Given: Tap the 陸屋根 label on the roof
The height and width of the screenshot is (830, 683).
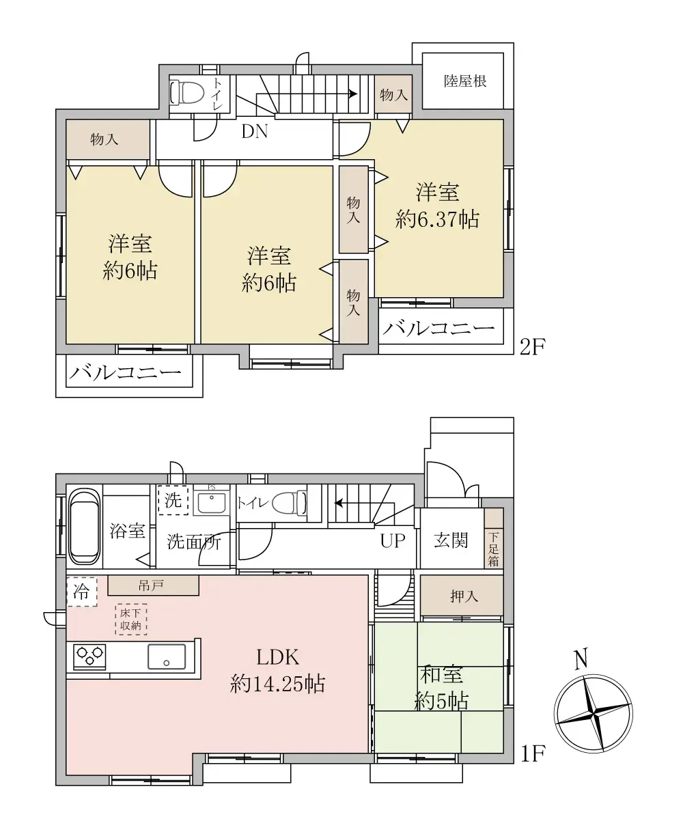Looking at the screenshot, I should click(x=465, y=81).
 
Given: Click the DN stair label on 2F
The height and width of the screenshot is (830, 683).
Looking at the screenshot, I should click(x=254, y=132).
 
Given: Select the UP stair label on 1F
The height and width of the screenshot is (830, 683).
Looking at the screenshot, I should click(x=392, y=541).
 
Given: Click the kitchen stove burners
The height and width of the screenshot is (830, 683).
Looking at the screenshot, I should click(x=89, y=656).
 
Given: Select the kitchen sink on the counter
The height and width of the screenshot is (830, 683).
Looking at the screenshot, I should click(x=167, y=656).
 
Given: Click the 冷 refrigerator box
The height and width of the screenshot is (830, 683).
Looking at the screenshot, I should click(x=81, y=592).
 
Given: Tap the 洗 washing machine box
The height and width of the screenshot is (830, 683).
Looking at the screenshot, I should click(x=173, y=499).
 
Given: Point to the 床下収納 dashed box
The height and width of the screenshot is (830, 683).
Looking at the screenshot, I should click(x=131, y=619).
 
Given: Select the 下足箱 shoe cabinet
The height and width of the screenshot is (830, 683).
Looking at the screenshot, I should click(x=494, y=549).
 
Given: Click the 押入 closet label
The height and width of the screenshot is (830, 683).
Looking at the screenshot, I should click(x=464, y=596).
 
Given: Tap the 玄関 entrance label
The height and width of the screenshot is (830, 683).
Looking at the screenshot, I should click(x=451, y=540).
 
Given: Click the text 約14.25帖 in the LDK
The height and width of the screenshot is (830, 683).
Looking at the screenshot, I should click(x=277, y=683).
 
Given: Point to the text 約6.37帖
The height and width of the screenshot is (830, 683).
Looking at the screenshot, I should click(x=438, y=219).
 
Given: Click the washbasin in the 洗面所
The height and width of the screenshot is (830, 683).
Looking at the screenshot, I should click(x=211, y=503).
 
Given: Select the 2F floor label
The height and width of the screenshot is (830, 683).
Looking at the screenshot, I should click(x=532, y=346).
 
